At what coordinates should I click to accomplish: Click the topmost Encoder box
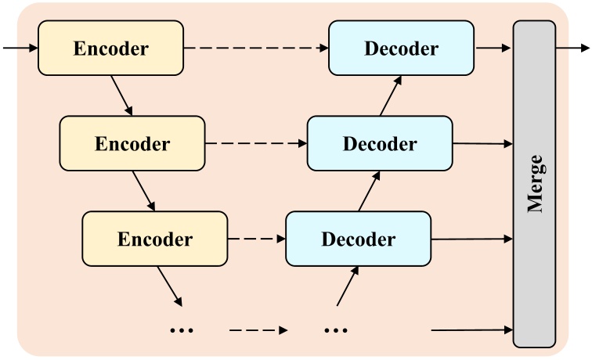(110, 48)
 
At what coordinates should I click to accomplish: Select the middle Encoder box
(132, 143)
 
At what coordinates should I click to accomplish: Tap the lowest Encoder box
(154, 238)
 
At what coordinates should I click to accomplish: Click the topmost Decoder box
(401, 48)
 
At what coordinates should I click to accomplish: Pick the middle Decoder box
(380, 143)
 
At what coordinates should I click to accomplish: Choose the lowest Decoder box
(358, 238)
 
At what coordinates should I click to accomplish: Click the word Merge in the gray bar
(535, 184)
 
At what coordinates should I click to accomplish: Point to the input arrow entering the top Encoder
(20, 48)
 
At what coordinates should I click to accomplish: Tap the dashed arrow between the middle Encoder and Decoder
(255, 143)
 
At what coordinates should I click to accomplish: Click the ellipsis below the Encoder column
(181, 330)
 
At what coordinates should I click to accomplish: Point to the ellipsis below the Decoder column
(335, 330)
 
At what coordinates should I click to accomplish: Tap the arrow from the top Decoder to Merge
(493, 48)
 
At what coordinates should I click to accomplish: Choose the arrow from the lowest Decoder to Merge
(472, 238)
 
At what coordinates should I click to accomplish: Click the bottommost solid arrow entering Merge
(472, 330)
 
